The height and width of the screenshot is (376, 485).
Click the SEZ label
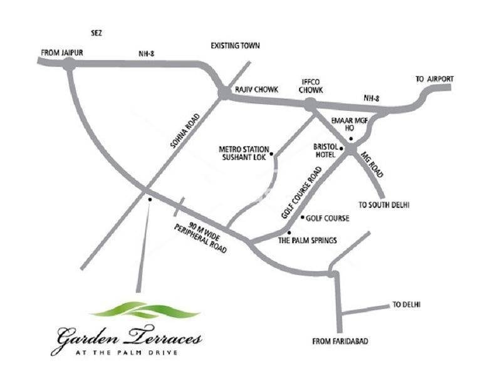(x=96, y=31)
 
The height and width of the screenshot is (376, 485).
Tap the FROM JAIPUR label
(x=62, y=53)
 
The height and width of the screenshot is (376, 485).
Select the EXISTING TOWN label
(x=235, y=46)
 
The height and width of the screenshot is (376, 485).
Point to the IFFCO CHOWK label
(x=311, y=86)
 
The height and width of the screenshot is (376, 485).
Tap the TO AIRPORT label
(x=434, y=79)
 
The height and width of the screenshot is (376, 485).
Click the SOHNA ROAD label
(x=185, y=130)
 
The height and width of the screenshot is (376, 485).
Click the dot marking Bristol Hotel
(x=342, y=148)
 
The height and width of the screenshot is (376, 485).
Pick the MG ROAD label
(x=372, y=164)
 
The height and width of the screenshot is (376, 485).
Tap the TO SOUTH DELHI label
(x=387, y=205)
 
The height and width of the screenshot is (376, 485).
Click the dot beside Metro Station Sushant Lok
(x=271, y=153)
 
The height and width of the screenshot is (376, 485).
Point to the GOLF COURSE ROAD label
(x=305, y=187)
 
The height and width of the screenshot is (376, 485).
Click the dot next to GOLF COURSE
(x=303, y=218)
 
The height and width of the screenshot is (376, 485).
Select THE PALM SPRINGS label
(x=308, y=241)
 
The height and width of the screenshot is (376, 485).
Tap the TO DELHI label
(x=406, y=305)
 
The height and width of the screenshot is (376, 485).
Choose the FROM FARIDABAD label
(x=340, y=341)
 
